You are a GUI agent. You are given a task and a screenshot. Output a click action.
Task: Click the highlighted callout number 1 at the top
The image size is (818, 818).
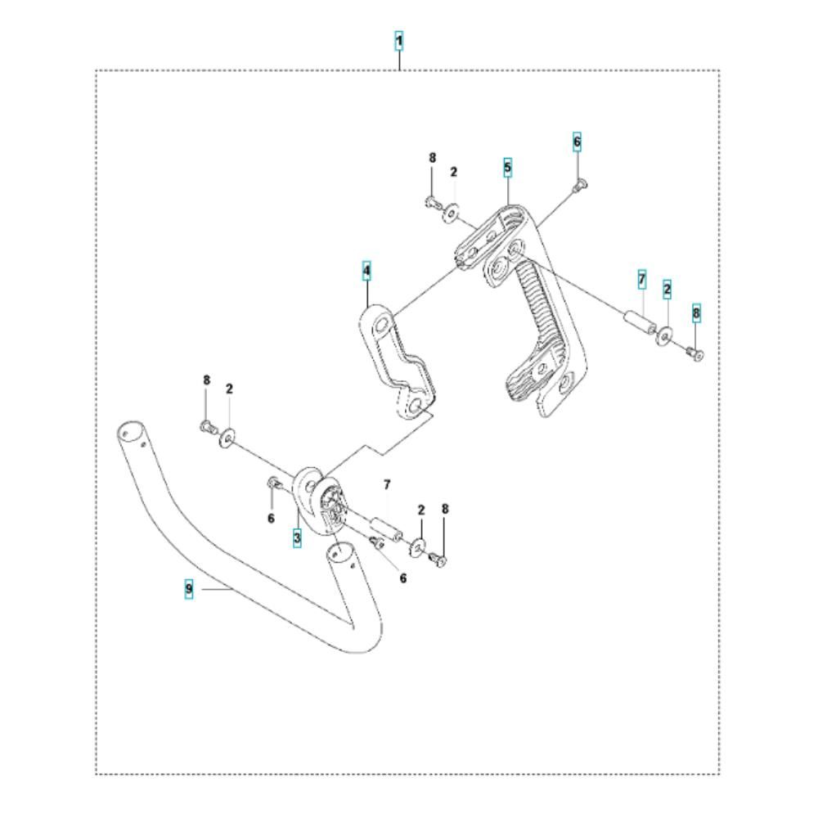[398, 41]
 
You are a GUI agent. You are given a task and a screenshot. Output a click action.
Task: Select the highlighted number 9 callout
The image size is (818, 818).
[189, 589]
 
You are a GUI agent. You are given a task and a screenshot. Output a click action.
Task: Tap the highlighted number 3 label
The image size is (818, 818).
[297, 537]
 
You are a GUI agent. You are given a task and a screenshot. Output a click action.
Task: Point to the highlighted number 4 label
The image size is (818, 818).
[366, 271]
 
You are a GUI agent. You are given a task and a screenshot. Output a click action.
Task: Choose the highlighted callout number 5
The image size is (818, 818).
[508, 168]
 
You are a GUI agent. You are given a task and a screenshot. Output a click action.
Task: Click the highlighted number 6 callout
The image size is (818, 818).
[577, 142]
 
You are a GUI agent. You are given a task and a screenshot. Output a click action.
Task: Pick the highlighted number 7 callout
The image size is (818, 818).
[641, 279]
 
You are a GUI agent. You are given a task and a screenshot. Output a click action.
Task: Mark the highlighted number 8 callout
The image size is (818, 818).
[696, 313]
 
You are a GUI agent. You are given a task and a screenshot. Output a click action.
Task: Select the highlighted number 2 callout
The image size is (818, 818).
[667, 289]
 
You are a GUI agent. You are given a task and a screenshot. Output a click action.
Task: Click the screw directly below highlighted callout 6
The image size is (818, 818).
[579, 185]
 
